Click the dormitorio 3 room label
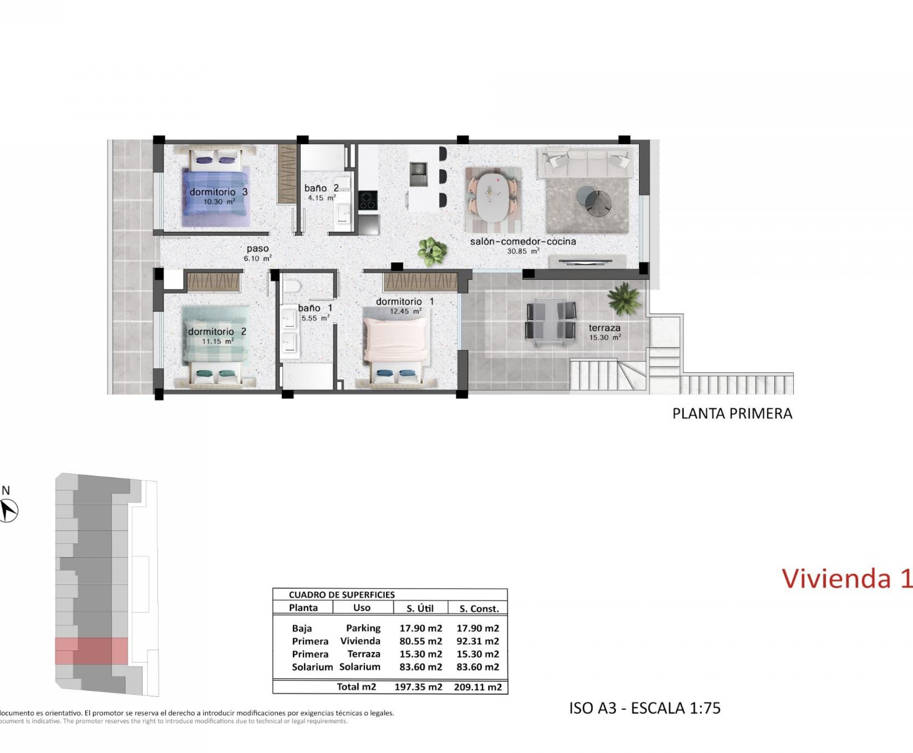click(219, 192)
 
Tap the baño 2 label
click(321, 188)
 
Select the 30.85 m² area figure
click(523, 251)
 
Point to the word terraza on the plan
click(604, 328)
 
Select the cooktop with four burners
click(368, 201)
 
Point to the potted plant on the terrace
click(624, 298)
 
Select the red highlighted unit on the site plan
click(92, 651)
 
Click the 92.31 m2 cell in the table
click(478, 641)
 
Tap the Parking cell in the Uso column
click(363, 628)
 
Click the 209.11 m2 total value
click(478, 687)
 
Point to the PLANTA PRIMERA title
click(732, 414)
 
